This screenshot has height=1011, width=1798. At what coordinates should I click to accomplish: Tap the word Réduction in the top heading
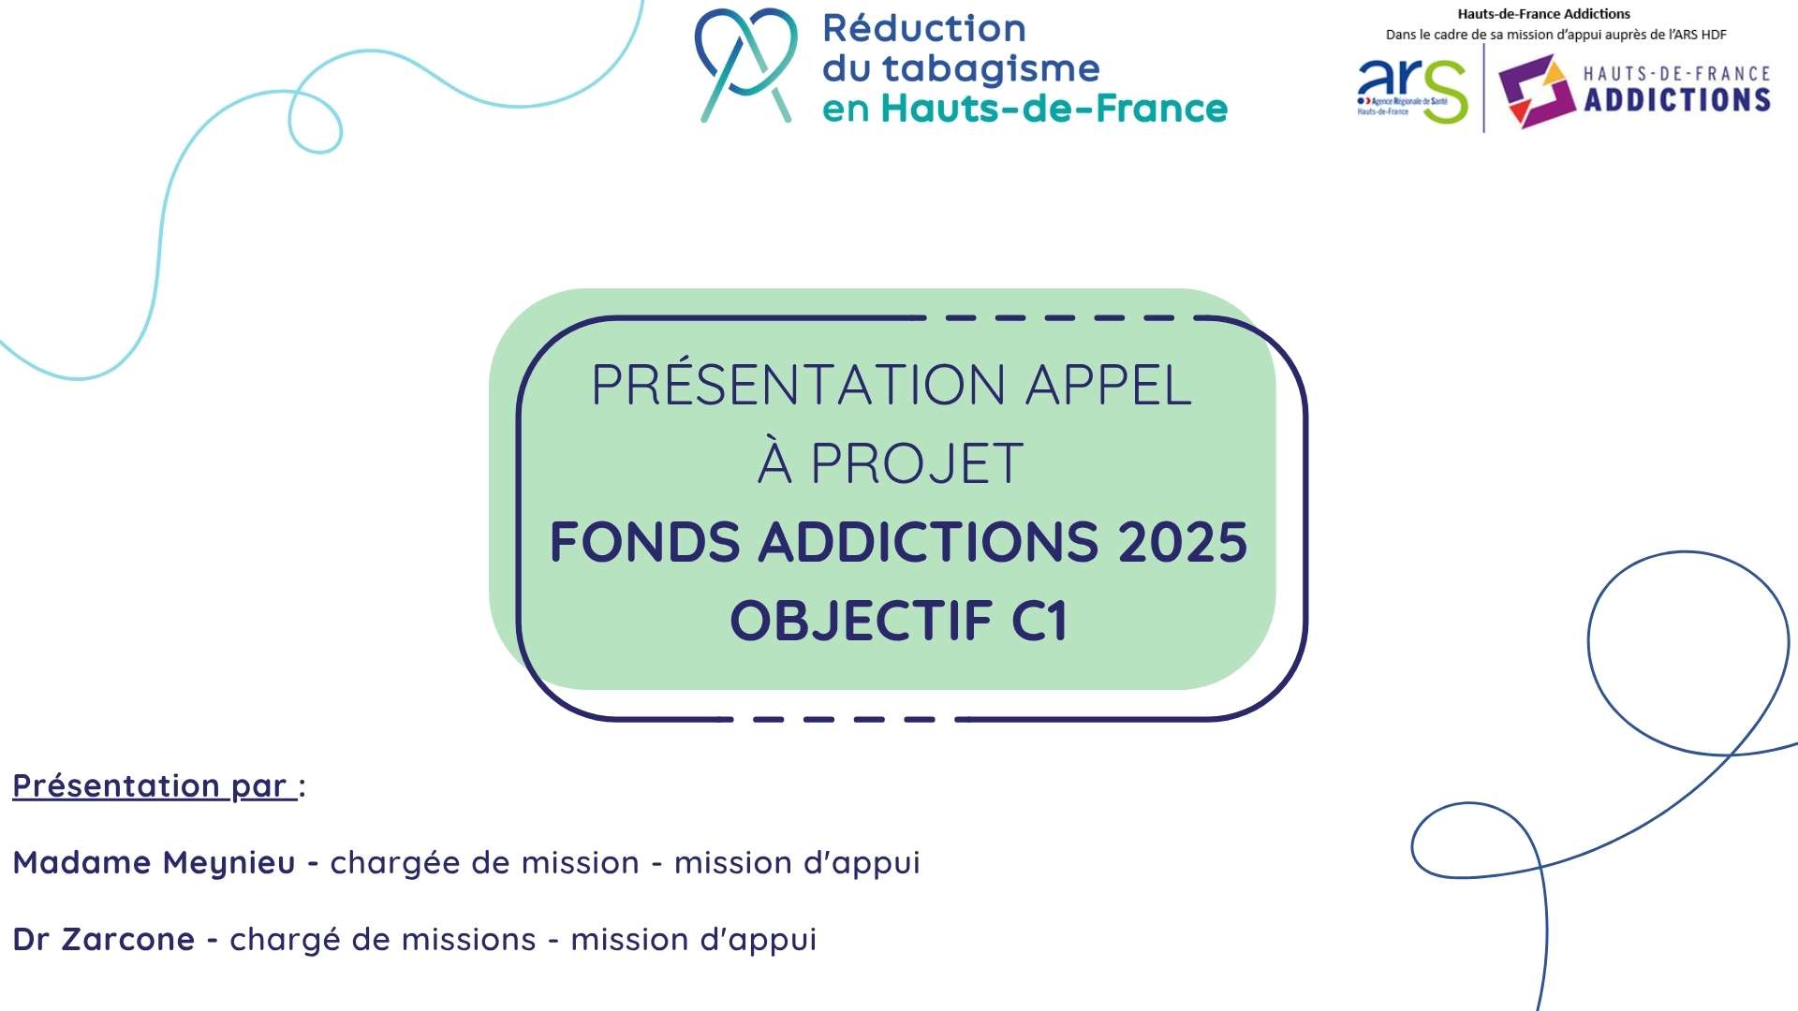point(924,28)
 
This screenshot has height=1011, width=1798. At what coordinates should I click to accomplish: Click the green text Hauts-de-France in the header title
point(1054,109)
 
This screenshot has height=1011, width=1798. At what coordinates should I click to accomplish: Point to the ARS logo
point(1412,90)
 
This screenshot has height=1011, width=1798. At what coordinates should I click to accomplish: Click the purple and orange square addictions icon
point(1537,91)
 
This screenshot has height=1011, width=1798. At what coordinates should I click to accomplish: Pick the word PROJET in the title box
point(916,463)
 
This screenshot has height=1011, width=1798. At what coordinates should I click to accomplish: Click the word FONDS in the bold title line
point(644,542)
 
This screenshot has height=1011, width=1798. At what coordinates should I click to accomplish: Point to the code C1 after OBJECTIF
point(1039,621)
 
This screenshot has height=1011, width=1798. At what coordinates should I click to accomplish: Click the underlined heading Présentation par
point(155,786)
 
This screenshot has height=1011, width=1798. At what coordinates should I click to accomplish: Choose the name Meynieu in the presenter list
point(229,863)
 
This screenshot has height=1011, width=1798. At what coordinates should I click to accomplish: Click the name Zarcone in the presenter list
point(128,939)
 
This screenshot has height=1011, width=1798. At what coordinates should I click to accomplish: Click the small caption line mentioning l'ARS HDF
point(1556,35)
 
